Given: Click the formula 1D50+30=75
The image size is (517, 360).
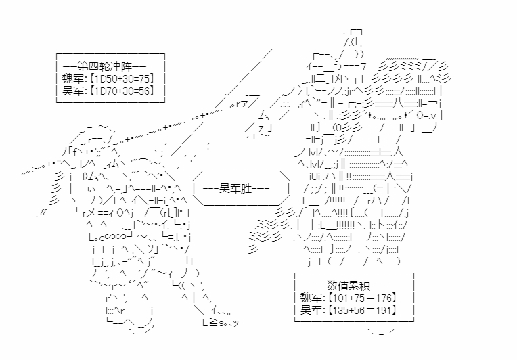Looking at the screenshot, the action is (122, 78).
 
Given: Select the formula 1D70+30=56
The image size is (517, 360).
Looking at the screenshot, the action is (122, 90).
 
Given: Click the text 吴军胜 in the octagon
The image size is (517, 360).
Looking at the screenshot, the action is (235, 189).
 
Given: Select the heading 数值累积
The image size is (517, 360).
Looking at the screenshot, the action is (349, 286).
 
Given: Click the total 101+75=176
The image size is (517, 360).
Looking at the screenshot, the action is (362, 298).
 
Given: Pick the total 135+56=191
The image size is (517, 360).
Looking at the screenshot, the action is (362, 310).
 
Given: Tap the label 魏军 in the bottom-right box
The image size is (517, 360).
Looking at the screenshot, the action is (311, 298).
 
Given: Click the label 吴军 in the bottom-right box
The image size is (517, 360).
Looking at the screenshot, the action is (311, 310).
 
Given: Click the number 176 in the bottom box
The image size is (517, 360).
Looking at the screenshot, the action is (383, 298).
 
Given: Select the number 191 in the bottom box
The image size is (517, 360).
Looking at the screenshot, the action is (383, 310).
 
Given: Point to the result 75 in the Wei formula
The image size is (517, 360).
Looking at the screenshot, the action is (143, 78).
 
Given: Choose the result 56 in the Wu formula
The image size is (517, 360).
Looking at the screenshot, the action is (143, 90).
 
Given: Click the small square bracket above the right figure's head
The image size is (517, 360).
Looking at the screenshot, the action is (356, 32).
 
